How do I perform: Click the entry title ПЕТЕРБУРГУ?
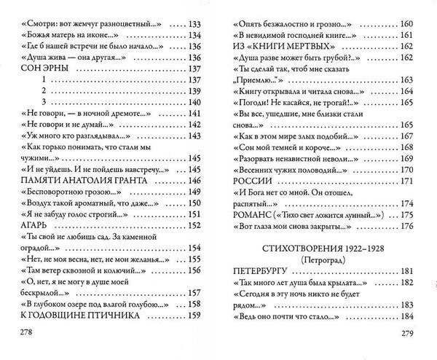pyautogui.click(x=264, y=271)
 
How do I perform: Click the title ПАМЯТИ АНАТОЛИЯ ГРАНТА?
pyautogui.click(x=91, y=180)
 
